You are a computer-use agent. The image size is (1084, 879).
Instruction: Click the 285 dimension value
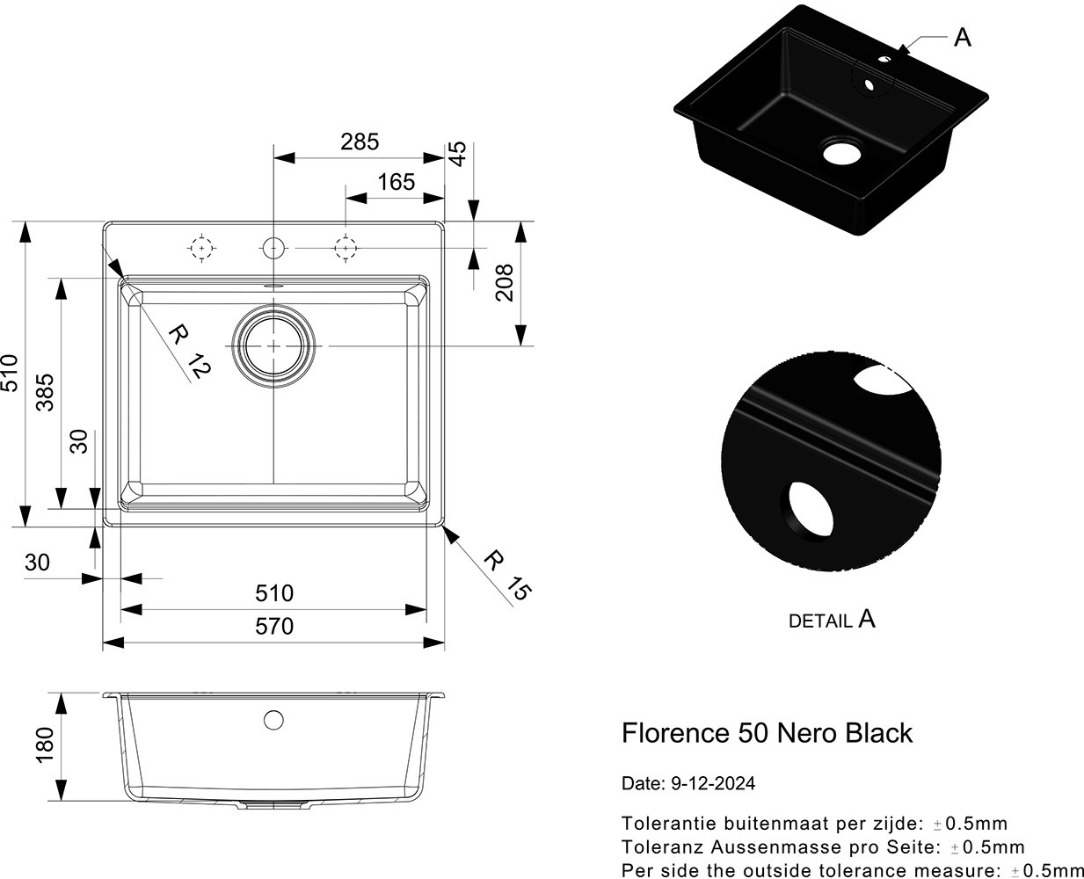(x=360, y=142)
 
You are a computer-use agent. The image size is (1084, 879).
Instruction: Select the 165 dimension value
(x=396, y=182)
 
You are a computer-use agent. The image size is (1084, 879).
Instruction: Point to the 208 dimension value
(x=504, y=282)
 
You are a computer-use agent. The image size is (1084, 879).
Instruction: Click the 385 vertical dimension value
(x=45, y=392)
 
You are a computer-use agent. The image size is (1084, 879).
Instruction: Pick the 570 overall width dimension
(x=274, y=626)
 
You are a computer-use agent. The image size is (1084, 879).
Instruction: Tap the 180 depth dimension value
(x=45, y=744)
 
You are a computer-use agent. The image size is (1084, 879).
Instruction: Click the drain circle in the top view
(x=273, y=345)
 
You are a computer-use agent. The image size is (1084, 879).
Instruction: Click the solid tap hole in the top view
(x=273, y=249)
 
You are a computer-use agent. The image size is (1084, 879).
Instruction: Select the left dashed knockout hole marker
(x=202, y=249)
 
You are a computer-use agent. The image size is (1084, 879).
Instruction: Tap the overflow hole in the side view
(x=273, y=720)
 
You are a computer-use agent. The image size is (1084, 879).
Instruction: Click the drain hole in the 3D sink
(x=841, y=152)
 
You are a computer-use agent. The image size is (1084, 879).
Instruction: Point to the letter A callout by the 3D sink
(x=963, y=38)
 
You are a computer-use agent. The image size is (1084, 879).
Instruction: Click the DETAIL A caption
(x=832, y=620)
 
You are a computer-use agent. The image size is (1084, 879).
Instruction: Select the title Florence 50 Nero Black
(x=767, y=733)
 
